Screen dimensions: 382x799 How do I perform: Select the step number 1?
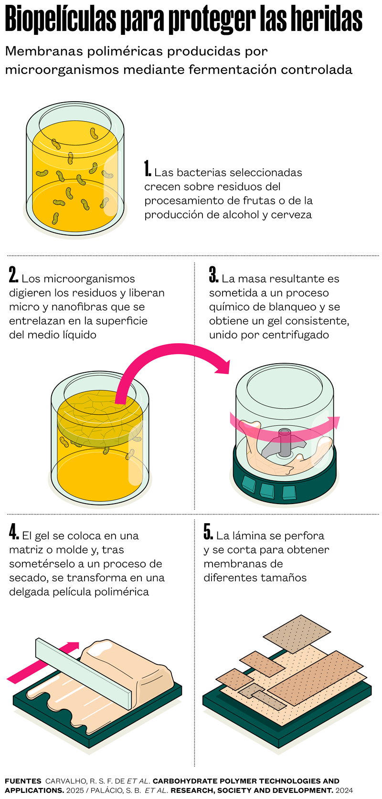click(148, 168)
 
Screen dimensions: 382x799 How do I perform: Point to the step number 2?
click(13, 274)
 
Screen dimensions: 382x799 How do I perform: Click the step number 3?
click(213, 274)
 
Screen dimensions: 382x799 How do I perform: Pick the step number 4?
click(14, 532)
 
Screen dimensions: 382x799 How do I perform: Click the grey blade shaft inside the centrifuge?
click(285, 442)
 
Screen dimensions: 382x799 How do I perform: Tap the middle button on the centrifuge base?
click(267, 490)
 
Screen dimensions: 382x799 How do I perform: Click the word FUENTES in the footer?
click(23, 781)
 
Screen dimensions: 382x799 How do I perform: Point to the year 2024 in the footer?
click(344, 790)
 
